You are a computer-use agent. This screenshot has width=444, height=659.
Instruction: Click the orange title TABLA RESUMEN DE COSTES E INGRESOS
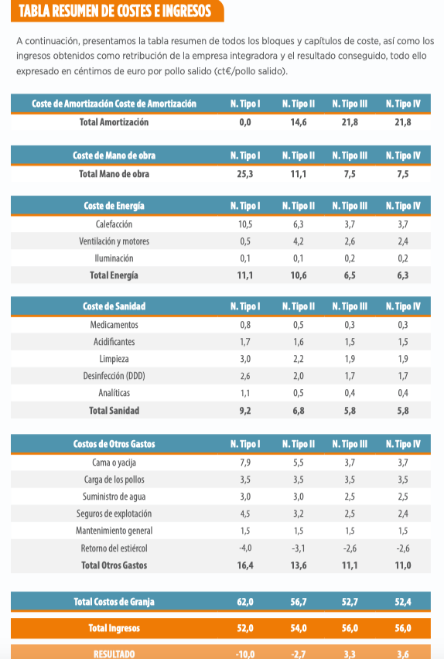coord(114,11)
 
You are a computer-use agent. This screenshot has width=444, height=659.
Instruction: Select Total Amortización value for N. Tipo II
coord(299,122)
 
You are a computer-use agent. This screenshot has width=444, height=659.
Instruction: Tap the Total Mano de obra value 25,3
coord(245,174)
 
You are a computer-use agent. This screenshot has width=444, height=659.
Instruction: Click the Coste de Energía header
coord(114,206)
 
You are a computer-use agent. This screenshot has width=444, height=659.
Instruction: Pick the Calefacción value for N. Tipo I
coord(245,224)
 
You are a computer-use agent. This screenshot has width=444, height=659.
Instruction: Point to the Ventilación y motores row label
coord(114,241)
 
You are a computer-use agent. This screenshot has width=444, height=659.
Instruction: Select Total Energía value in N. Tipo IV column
coord(403,275)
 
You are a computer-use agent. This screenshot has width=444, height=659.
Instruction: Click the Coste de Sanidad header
coord(114,306)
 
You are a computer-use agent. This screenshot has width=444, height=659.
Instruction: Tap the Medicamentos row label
coord(114,325)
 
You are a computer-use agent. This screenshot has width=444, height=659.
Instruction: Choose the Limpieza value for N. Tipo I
coord(245,359)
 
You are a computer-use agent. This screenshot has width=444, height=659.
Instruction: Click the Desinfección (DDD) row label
coord(114,376)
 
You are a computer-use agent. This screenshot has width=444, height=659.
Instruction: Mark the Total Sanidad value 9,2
coord(245,411)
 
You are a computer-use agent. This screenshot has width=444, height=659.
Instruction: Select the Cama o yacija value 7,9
coord(245,463)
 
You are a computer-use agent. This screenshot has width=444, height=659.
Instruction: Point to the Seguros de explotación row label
coord(114,514)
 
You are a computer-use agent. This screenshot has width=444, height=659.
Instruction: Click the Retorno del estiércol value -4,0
coord(244,548)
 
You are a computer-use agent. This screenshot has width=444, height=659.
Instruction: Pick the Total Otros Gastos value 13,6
coord(299,565)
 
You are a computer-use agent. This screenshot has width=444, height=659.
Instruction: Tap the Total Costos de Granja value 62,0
coord(245,602)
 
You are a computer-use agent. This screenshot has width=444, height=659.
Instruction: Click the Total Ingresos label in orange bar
coord(114,628)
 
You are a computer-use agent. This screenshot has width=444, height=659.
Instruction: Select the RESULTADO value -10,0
coord(245,654)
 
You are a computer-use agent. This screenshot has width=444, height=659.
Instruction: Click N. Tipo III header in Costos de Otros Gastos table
coord(350,444)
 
